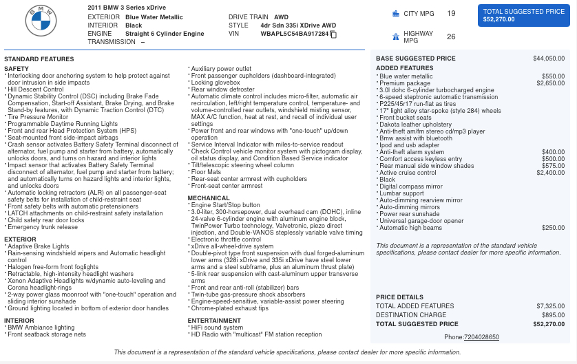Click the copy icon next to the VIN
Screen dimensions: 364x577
333,34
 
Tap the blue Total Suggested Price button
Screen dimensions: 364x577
523,15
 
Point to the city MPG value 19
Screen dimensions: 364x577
451,13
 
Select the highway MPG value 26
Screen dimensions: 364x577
451,36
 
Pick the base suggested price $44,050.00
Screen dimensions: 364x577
549,58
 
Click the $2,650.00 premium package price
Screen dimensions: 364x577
550,83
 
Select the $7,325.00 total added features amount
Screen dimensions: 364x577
550,306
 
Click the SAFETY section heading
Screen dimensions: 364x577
17,69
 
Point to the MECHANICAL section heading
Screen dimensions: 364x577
209,198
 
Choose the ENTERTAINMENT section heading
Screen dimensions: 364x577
214,320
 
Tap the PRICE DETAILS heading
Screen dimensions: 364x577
399,297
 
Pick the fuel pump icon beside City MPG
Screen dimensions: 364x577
395,13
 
